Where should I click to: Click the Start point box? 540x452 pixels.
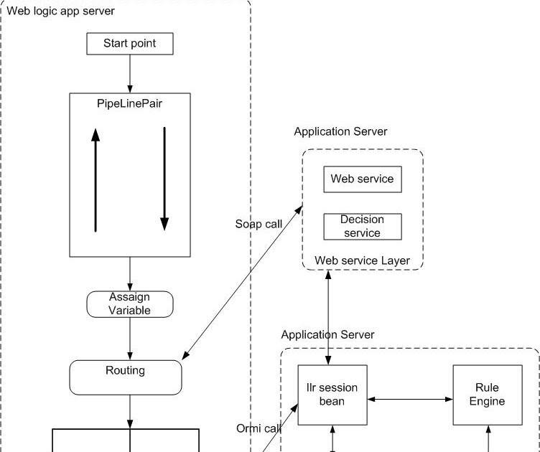point(129,44)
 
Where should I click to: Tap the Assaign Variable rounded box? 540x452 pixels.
point(129,303)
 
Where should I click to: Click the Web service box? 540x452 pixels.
point(362,179)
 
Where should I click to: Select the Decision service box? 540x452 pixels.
point(362,226)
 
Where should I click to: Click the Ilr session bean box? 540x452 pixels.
point(332,395)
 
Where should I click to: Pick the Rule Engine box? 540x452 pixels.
point(487,395)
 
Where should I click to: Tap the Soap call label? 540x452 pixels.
point(259,224)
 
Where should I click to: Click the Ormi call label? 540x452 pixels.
point(258,428)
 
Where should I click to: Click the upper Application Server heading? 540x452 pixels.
point(340,132)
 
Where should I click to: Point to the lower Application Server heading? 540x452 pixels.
point(327,335)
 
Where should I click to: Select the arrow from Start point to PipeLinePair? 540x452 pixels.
point(130,73)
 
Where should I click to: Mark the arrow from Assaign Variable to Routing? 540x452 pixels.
point(130,338)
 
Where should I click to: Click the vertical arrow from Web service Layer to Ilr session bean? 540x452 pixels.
point(329,317)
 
